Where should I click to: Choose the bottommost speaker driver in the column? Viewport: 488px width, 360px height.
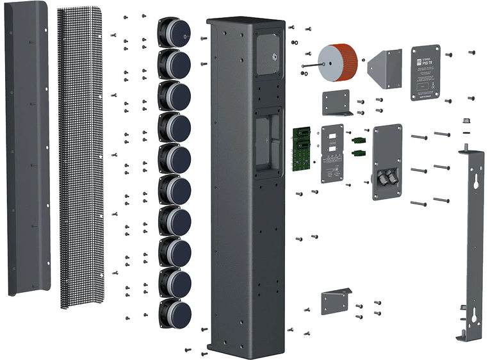(175, 312)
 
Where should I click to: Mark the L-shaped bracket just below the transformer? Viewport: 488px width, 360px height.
(337, 102)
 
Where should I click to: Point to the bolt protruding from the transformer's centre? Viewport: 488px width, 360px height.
(310, 65)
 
